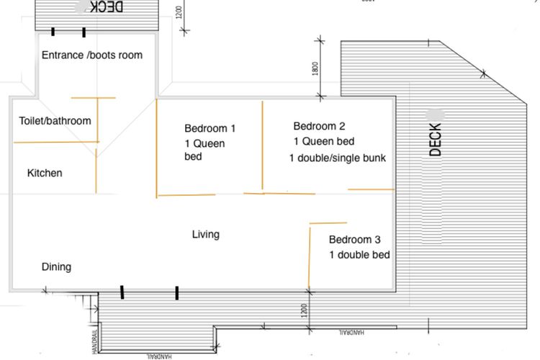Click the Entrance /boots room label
tap(91, 55)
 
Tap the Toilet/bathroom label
tap(55, 120)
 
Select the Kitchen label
tap(45, 173)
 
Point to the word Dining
tap(56, 267)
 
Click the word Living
tap(205, 234)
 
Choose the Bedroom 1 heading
tap(210, 129)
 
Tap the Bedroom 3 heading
tap(355, 240)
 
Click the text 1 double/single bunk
tap(338, 158)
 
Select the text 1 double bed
tap(359, 255)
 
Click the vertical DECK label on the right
tap(436, 140)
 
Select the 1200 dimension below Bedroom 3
tap(305, 311)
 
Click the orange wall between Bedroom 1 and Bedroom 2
tap(262, 147)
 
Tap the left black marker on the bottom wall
tap(122, 292)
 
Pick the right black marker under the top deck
tap(84, 32)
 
